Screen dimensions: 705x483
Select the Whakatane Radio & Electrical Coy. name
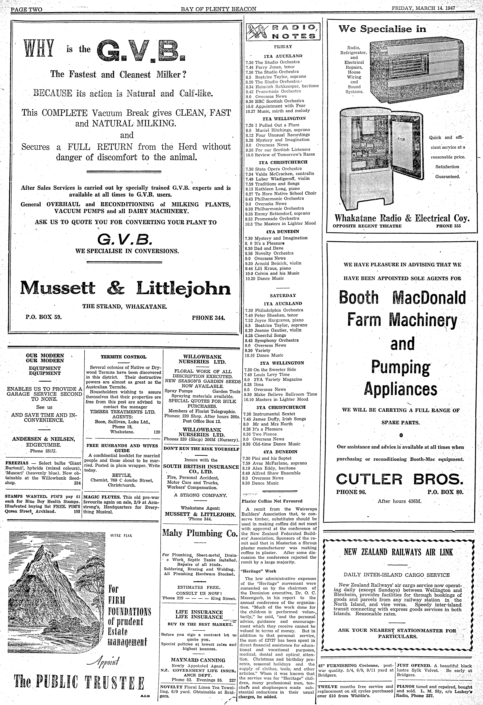[402, 218]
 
